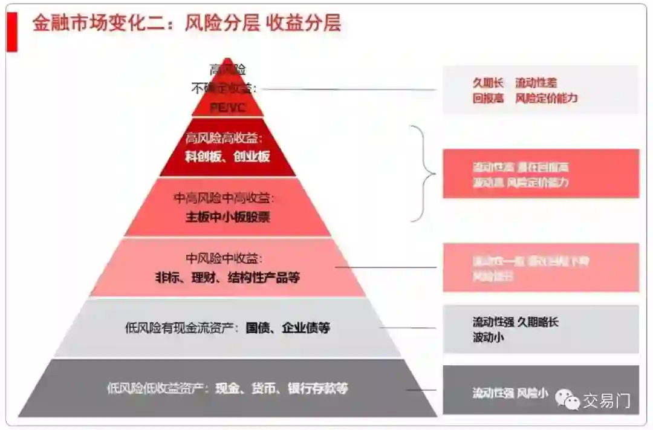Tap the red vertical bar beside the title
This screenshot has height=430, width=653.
point(11,31)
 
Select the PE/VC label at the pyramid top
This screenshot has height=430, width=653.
point(227,107)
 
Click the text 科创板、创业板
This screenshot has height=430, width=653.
point(227,157)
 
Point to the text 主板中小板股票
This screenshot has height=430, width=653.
point(227,217)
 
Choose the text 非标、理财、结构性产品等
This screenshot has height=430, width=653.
point(227,278)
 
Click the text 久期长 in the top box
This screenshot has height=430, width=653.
point(488,83)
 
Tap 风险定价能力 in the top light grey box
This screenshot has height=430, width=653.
point(547,98)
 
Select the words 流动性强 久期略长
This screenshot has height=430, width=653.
point(515,322)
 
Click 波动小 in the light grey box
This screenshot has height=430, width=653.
point(488,337)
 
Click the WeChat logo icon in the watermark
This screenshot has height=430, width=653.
point(568,399)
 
